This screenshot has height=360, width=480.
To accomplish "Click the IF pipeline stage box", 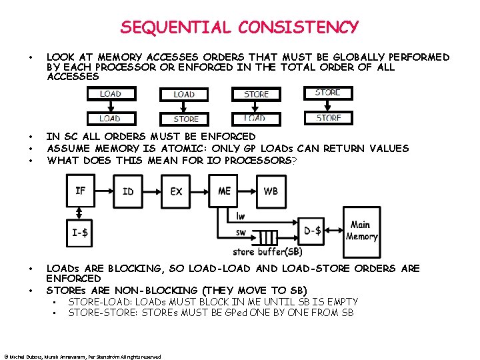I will [x=81, y=191].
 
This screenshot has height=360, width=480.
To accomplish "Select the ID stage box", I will [x=128, y=191].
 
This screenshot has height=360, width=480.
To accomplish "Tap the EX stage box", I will [x=176, y=191].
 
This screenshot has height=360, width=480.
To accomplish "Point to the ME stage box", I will [x=225, y=191].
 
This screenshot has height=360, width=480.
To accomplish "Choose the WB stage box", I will [x=271, y=191].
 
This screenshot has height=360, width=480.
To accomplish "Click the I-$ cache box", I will [x=81, y=233].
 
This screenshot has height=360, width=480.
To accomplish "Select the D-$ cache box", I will [x=312, y=231].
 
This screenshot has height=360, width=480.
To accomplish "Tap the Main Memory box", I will [x=361, y=231].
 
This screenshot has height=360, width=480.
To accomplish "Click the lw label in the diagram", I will [x=241, y=216].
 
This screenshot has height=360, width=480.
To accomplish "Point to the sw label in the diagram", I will [x=241, y=232].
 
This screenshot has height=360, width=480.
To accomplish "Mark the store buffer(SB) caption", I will [x=267, y=251].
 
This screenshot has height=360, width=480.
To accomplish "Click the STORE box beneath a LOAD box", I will [x=186, y=119].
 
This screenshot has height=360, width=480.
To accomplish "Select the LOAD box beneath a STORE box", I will [x=255, y=118].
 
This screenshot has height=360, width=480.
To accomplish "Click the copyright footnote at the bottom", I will [x=83, y=357].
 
